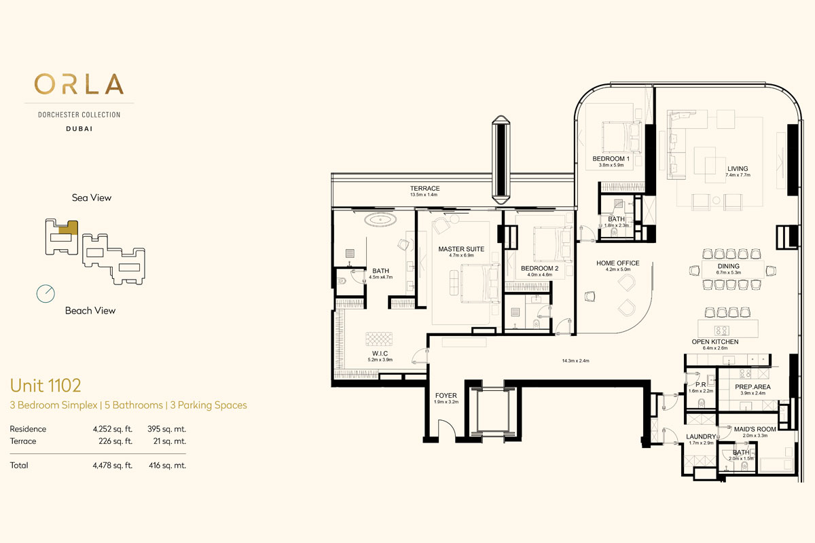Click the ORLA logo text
pyautogui.click(x=79, y=84)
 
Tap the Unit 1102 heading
pyautogui.click(x=46, y=386)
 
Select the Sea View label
pyautogui.click(x=91, y=198)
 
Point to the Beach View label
pyautogui.click(x=90, y=311)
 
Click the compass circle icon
pyautogui.click(x=46, y=293)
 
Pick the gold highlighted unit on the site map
pyautogui.click(x=69, y=227)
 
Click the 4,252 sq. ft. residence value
pyautogui.click(x=113, y=429)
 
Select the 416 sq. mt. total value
pyautogui.click(x=167, y=466)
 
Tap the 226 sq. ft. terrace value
pyautogui.click(x=115, y=441)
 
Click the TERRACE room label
pyautogui.click(x=424, y=189)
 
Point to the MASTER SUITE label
pyautogui.click(x=461, y=249)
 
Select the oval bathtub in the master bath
pyautogui.click(x=380, y=220)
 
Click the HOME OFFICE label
pyautogui.click(x=618, y=263)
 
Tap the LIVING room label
pyautogui.click(x=738, y=169)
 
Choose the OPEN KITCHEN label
pyautogui.click(x=715, y=342)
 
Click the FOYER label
pyautogui.click(x=446, y=395)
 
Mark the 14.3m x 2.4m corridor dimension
pyautogui.click(x=575, y=361)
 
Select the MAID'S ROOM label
pyautogui.click(x=755, y=429)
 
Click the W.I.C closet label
pyautogui.click(x=380, y=354)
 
